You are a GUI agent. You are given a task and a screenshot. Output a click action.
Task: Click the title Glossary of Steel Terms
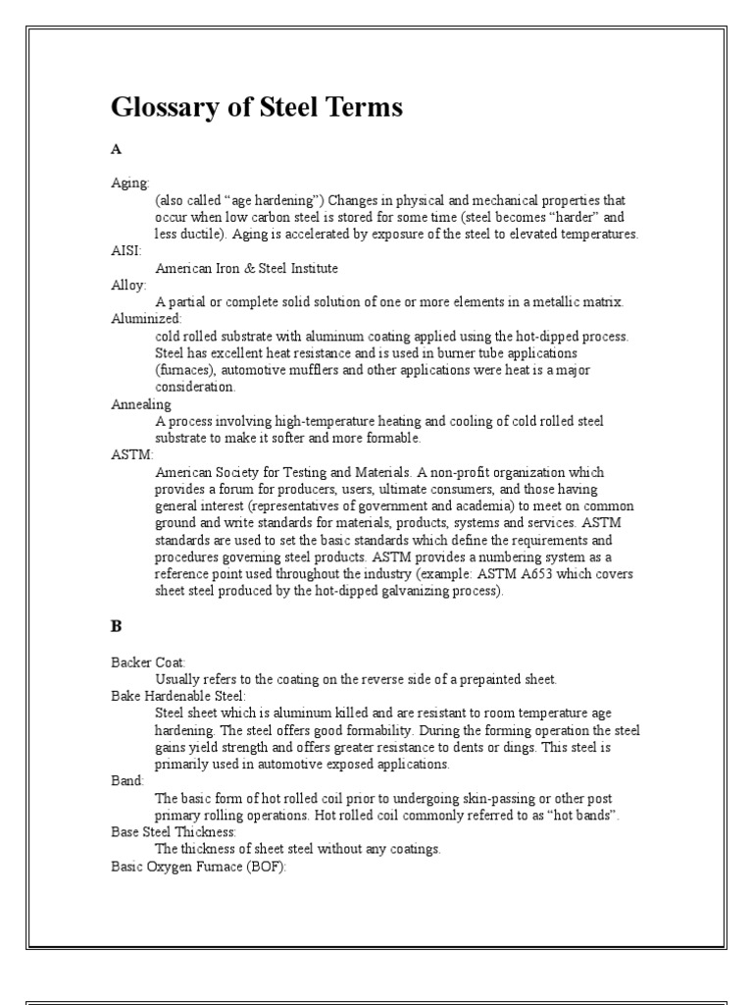tap(257, 108)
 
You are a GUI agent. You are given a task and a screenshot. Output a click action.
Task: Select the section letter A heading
tap(116, 150)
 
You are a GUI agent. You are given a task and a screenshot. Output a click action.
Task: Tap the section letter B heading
tap(116, 624)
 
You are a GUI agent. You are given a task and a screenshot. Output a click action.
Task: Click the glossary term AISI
tap(125, 251)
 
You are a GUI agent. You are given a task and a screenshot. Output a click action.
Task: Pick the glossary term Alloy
tap(128, 285)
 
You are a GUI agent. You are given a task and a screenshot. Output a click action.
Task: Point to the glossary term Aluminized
tap(146, 319)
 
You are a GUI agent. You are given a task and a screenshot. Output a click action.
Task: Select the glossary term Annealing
tap(141, 403)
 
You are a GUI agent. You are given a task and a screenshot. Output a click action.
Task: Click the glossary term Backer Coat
tap(148, 662)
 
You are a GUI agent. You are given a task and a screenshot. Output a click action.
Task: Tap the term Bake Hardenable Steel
tap(177, 696)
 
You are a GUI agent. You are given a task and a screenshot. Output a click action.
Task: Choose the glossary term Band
tap(127, 781)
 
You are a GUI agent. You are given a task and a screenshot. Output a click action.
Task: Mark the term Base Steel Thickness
tap(174, 832)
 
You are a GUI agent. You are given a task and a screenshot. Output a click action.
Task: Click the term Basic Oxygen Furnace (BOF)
tap(198, 867)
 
